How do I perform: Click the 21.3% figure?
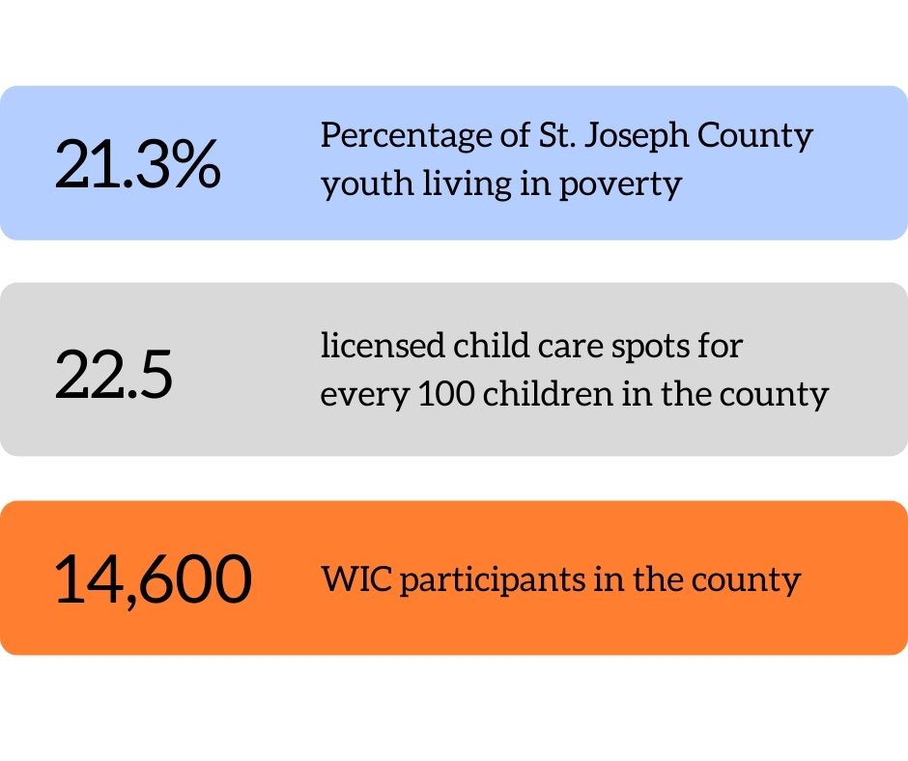(x=138, y=164)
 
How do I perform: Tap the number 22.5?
(x=114, y=375)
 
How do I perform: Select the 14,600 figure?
(x=153, y=580)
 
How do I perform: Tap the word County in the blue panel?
(x=761, y=135)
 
